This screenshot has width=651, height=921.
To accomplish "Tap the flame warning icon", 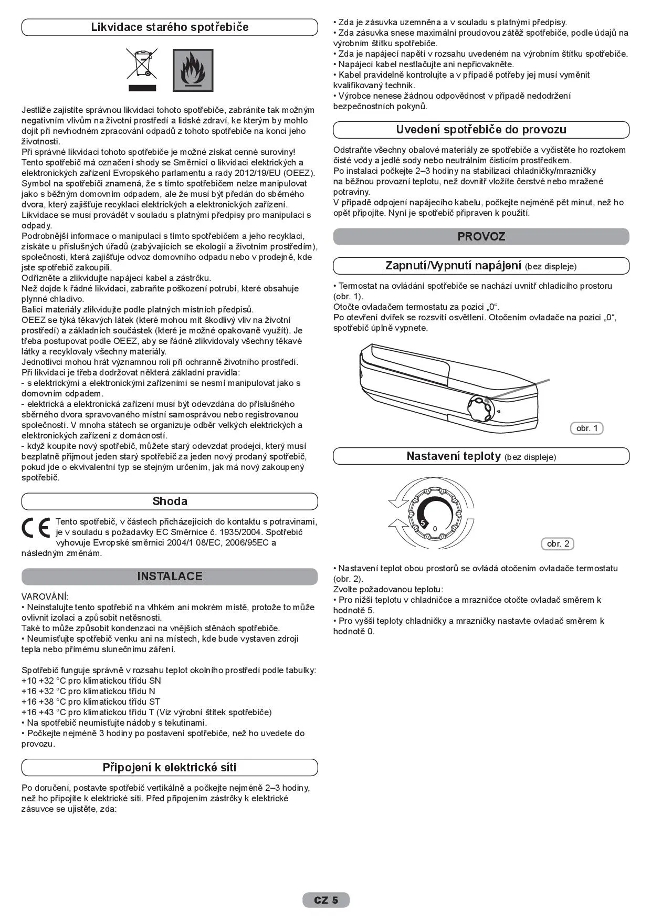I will point(193,70).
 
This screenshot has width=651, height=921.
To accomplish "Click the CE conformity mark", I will point(36,528).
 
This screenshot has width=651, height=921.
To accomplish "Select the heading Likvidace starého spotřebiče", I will point(170,27).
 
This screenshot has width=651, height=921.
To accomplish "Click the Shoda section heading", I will point(170,501).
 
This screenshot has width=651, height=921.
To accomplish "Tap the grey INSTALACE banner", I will point(170,577).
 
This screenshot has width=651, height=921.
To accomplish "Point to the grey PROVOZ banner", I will point(481,237).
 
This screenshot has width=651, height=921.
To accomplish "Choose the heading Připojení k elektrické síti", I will point(170,768).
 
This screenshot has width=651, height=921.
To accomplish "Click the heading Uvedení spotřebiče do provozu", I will point(481,130).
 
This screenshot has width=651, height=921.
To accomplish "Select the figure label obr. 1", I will point(587,428).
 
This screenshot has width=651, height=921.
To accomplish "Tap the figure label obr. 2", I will point(558,544).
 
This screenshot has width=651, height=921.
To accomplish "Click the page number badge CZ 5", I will point(326,901).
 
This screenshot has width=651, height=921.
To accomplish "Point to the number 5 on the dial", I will point(423,523).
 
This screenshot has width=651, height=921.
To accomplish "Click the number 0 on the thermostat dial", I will point(435,529).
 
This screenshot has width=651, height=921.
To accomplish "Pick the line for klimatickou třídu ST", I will point(91,702).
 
